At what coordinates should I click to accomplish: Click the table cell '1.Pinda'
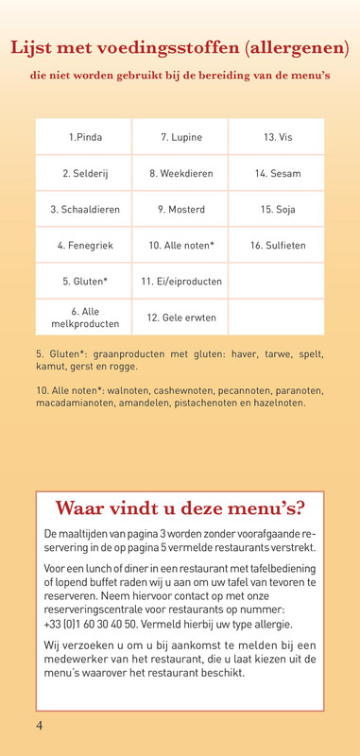[85, 138]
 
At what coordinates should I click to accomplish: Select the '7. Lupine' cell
[180, 138]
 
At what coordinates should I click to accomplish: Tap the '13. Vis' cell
[278, 138]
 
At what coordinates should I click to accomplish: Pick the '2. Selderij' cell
[85, 174]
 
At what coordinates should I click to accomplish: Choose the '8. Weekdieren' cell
[180, 174]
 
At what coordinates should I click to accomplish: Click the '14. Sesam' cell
[278, 174]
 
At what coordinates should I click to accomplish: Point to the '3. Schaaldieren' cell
[85, 210]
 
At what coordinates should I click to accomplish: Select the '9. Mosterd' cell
[180, 210]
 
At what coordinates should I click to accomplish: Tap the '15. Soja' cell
[278, 210]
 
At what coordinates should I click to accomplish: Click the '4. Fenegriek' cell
[85, 246]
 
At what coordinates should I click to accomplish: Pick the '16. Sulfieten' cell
[278, 246]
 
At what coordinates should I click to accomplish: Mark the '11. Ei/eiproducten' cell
[180, 282]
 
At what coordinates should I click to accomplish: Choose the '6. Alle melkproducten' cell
[85, 318]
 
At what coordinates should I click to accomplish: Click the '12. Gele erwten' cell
[180, 318]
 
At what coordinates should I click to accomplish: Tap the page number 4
[40, 726]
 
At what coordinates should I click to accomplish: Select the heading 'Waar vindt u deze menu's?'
[180, 508]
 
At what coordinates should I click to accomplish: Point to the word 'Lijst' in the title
[33, 48]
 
